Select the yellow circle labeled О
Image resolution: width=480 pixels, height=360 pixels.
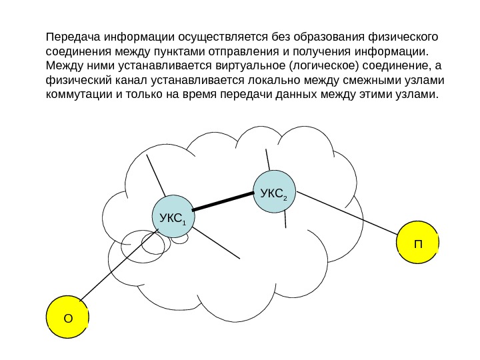pos(67,317)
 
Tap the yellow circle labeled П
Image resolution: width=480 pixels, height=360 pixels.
pos(418,243)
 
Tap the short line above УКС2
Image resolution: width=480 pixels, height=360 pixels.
pos(267,160)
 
